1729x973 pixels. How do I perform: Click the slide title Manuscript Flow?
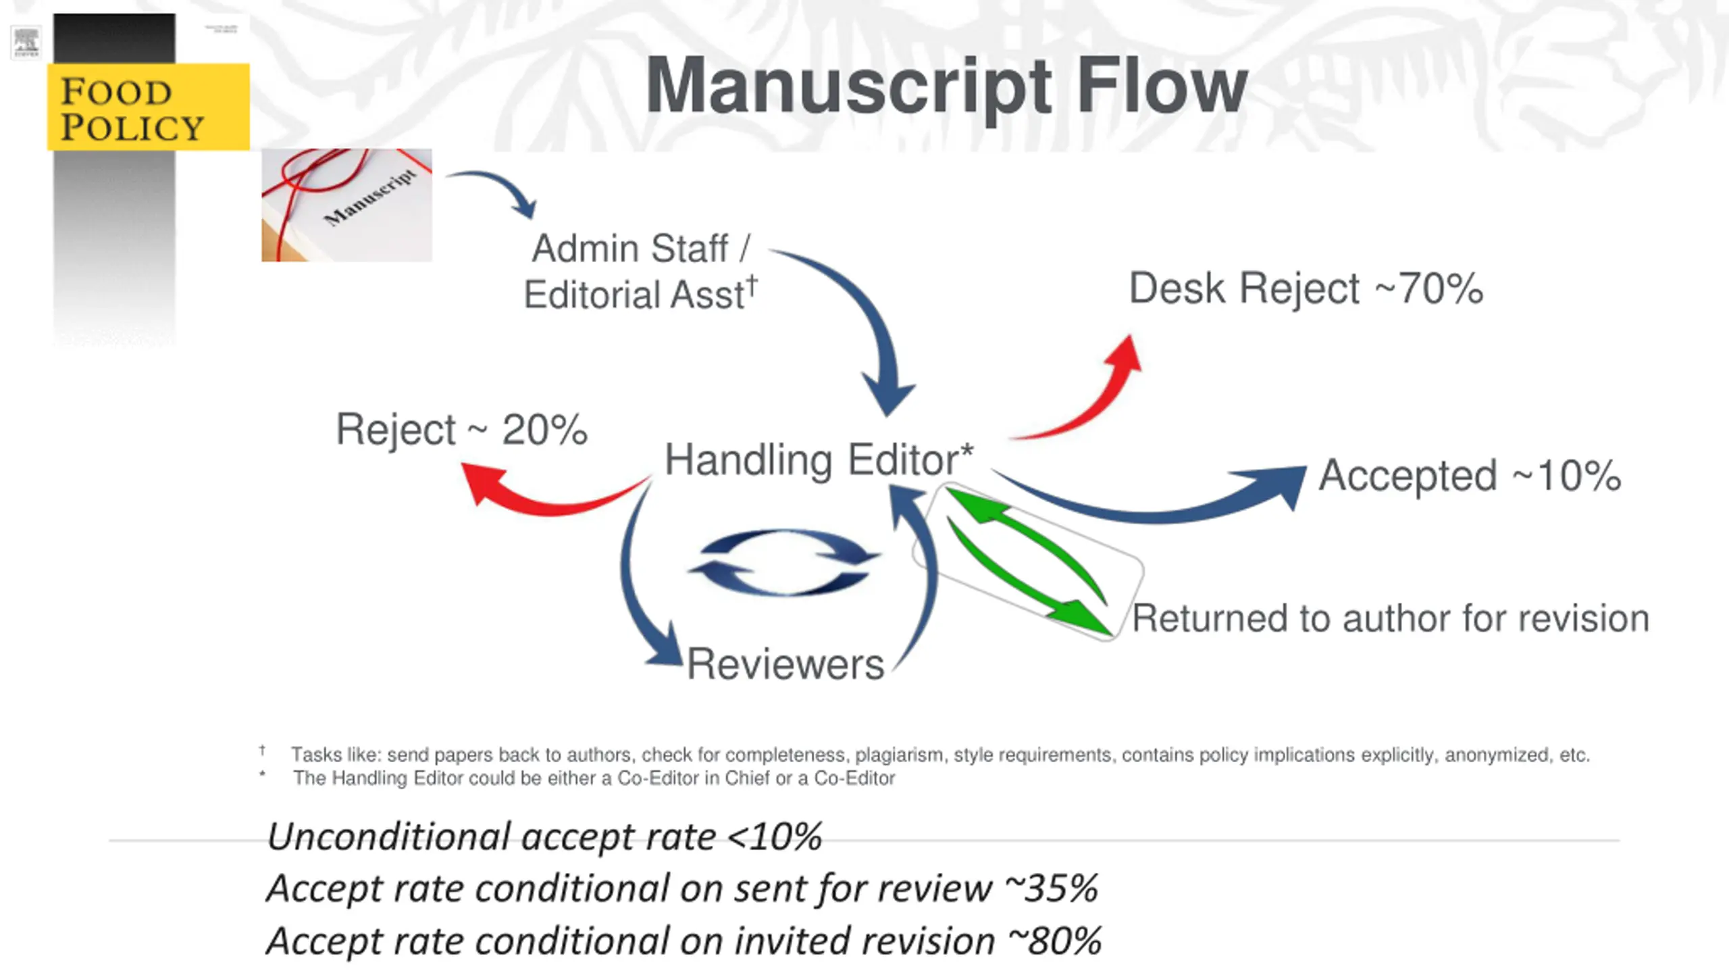coord(946,86)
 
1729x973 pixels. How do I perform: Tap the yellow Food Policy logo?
coord(148,107)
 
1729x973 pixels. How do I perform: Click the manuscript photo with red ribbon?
coord(346,205)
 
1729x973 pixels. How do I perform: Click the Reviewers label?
coord(785,664)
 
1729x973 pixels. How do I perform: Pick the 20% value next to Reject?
coord(544,430)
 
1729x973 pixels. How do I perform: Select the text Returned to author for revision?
coord(1390,618)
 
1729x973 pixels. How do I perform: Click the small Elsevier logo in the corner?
coord(26,43)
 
